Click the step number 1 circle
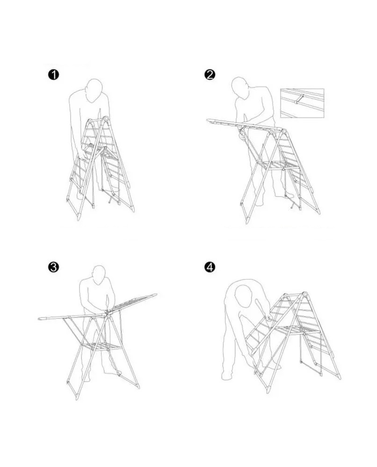[53, 75]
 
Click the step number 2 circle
[210, 74]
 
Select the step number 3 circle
[53, 267]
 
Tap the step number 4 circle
[210, 267]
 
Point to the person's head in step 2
[240, 88]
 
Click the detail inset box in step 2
[302, 103]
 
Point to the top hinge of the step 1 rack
[105, 119]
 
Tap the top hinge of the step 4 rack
[304, 295]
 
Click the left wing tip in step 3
[40, 318]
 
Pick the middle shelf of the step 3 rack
[101, 346]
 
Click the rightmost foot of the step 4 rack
[339, 376]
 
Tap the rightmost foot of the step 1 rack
[132, 209]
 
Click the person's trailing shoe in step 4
[227, 377]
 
